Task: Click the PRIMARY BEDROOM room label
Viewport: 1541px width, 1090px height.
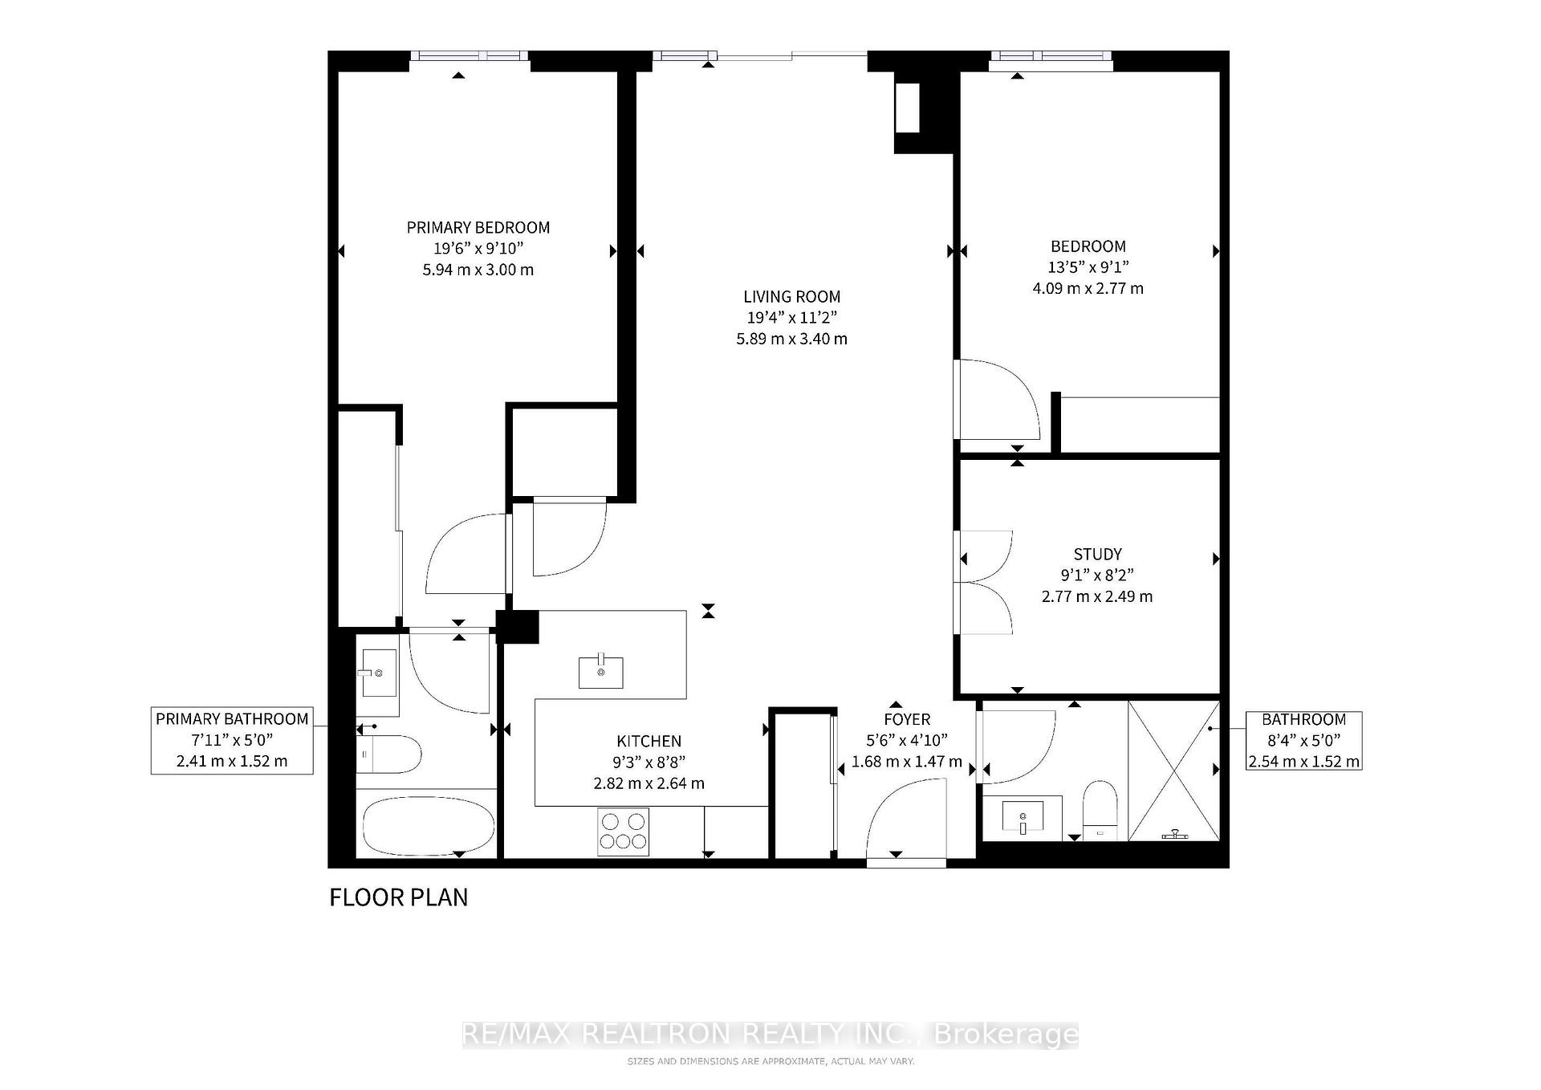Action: pyautogui.click(x=478, y=228)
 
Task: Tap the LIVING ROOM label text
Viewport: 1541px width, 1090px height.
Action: pyautogui.click(x=791, y=297)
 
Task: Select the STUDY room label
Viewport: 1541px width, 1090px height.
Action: pyautogui.click(x=1097, y=555)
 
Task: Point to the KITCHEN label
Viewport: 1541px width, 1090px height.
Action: pyautogui.click(x=649, y=742)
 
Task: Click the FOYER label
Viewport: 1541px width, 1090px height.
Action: pyautogui.click(x=907, y=720)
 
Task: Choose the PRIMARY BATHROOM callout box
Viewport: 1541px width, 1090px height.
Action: pyautogui.click(x=232, y=740)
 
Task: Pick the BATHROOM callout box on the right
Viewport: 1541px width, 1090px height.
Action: pyautogui.click(x=1303, y=740)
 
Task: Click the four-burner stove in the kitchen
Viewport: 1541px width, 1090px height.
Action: pyautogui.click(x=624, y=832)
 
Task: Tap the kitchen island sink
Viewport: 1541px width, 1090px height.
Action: pyautogui.click(x=601, y=672)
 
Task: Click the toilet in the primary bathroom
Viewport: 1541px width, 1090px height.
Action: pyautogui.click(x=388, y=754)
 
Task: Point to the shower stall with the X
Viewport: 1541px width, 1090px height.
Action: pyautogui.click(x=1173, y=771)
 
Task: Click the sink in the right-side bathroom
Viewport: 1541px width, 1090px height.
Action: pyautogui.click(x=1023, y=818)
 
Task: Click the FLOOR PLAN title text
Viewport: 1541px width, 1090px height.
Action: pyautogui.click(x=399, y=897)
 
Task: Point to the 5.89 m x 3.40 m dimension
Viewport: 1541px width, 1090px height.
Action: pyautogui.click(x=791, y=339)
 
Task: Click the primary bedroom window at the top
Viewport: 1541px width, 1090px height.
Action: pyautogui.click(x=470, y=56)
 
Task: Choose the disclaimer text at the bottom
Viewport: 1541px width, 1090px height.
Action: pyautogui.click(x=770, y=1061)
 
